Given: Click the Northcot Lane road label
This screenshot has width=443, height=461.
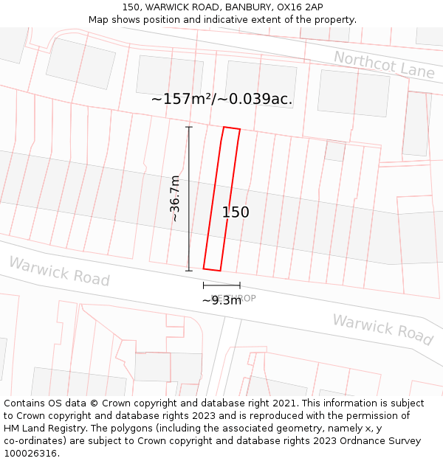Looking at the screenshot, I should (x=383, y=65).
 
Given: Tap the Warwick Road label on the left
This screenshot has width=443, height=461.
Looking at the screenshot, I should (x=59, y=271).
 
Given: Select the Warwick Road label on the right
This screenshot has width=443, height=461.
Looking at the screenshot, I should (x=382, y=329).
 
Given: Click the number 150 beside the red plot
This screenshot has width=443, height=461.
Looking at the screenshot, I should (x=236, y=212).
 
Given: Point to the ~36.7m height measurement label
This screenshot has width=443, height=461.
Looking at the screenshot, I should (x=174, y=198).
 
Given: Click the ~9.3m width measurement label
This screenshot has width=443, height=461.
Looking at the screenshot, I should (x=221, y=300).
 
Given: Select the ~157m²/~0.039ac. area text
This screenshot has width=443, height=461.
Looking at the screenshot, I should (x=221, y=99).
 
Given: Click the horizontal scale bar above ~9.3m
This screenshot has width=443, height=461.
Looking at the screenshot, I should (x=221, y=285).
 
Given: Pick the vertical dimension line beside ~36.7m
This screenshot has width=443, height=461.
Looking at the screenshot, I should (x=188, y=198).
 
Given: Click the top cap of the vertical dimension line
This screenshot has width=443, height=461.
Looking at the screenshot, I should (x=188, y=128).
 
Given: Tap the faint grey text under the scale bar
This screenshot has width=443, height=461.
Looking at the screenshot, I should (x=235, y=298).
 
